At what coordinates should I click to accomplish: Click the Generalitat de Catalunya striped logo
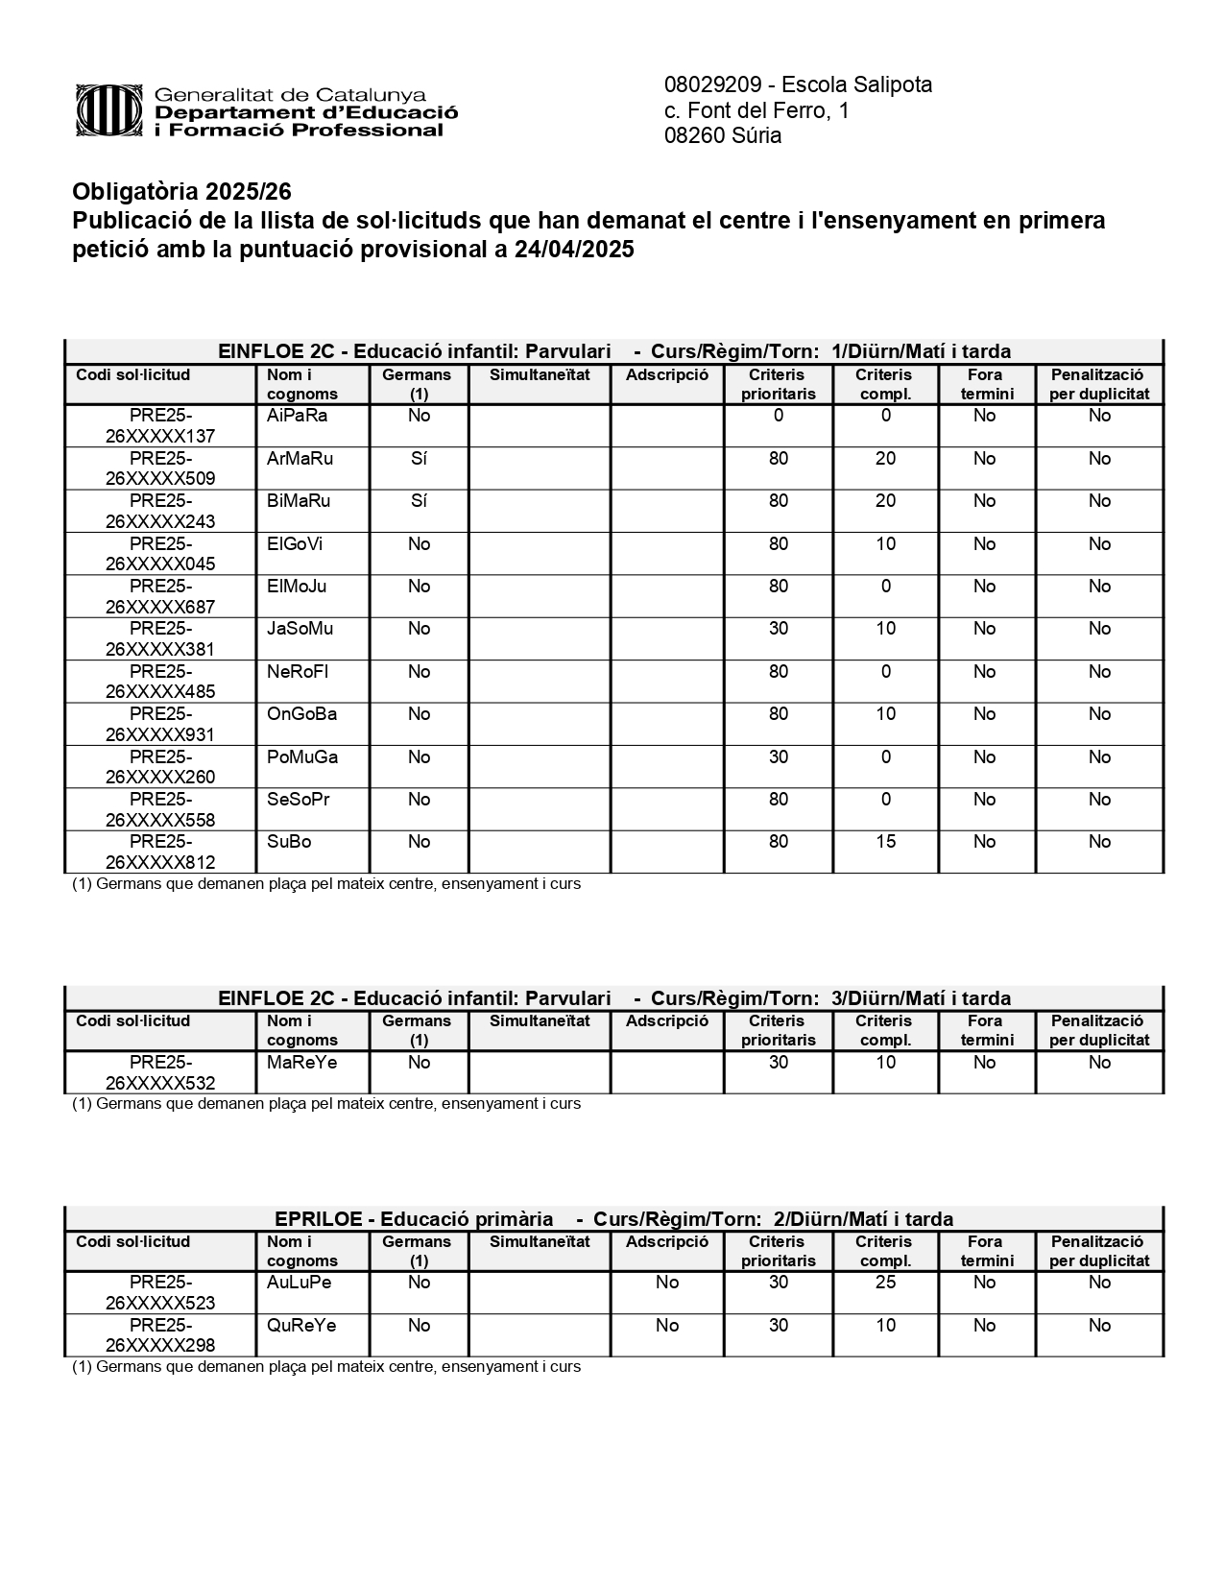pyautogui.click(x=110, y=111)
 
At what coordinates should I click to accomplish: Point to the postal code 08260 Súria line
pyautogui.click(x=723, y=135)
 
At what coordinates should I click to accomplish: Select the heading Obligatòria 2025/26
pyautogui.click(x=181, y=192)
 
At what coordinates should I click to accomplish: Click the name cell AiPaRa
pyautogui.click(x=298, y=416)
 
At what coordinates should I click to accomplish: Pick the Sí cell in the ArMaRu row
pyautogui.click(x=419, y=459)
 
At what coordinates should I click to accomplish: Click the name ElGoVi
pyautogui.click(x=295, y=544)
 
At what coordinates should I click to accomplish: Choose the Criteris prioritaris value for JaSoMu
pyautogui.click(x=779, y=629)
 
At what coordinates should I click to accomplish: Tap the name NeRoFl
pyautogui.click(x=298, y=672)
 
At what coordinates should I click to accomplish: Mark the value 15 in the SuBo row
pyautogui.click(x=885, y=842)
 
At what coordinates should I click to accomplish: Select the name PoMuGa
pyautogui.click(x=302, y=757)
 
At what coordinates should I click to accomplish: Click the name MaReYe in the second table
pyautogui.click(x=302, y=1063)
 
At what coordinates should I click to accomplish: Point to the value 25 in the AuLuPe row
pyautogui.click(x=885, y=1283)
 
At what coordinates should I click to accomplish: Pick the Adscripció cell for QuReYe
pyautogui.click(x=667, y=1326)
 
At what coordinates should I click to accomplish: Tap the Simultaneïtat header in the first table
pyautogui.click(x=540, y=375)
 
